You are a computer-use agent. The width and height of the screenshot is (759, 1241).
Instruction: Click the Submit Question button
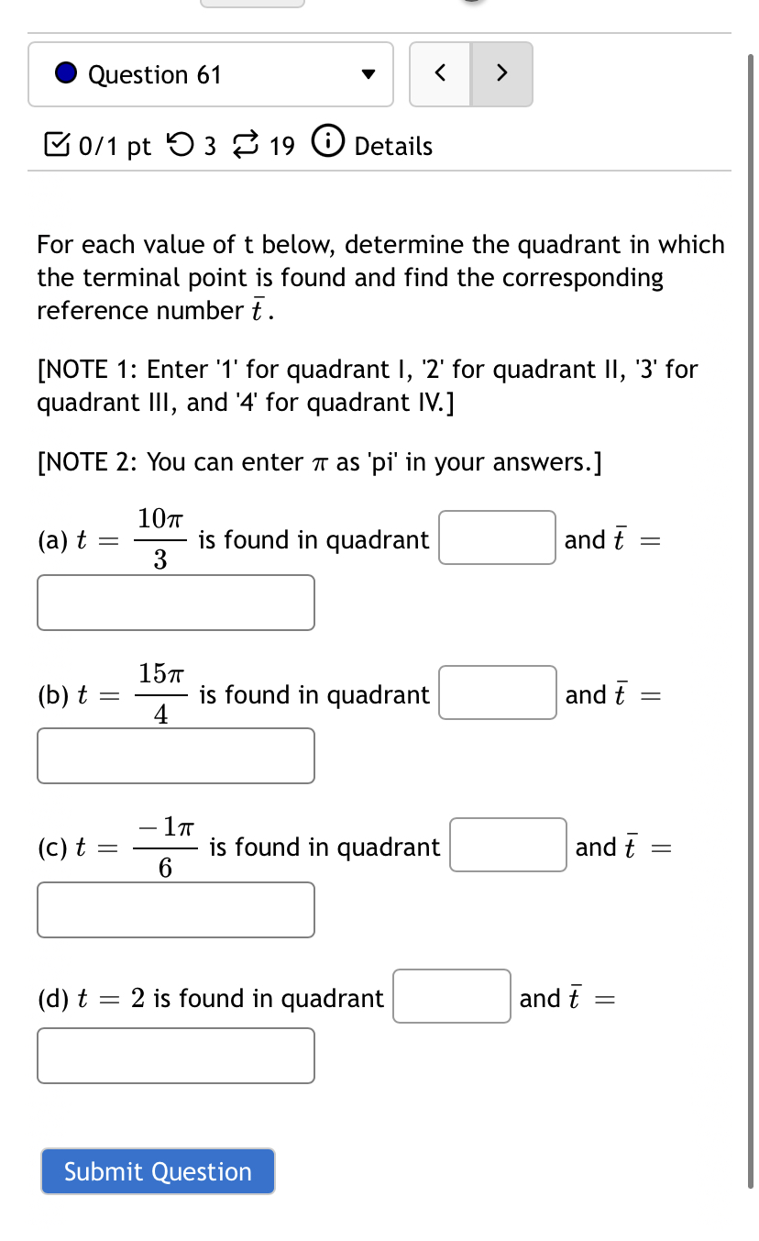coord(158,1171)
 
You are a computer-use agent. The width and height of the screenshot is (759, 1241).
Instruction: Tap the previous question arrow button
coord(440,74)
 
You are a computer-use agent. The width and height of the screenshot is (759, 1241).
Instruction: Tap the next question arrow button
coord(501,74)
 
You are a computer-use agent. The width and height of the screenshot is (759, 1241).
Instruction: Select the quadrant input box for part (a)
coord(497,537)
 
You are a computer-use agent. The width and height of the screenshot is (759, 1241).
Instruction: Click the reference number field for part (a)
coord(176,603)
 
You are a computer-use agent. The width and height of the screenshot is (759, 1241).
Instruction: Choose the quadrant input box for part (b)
coord(498,693)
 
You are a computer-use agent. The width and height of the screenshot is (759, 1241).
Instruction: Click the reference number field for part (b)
coord(176,756)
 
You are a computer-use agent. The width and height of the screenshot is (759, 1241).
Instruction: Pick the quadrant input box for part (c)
coord(508,845)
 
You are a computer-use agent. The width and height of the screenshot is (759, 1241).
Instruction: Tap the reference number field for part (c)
coord(176,910)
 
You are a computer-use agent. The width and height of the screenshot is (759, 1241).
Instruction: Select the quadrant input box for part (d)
coord(452,996)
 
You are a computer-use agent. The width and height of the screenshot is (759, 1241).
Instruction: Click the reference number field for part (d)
coord(176,1056)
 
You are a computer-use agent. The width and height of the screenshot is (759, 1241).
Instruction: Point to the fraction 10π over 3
coord(160,539)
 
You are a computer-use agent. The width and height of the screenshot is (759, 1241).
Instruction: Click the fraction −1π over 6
coord(166,847)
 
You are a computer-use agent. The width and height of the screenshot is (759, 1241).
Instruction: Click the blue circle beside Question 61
coord(66,73)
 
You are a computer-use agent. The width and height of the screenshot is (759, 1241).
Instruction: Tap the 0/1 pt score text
coord(115,146)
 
